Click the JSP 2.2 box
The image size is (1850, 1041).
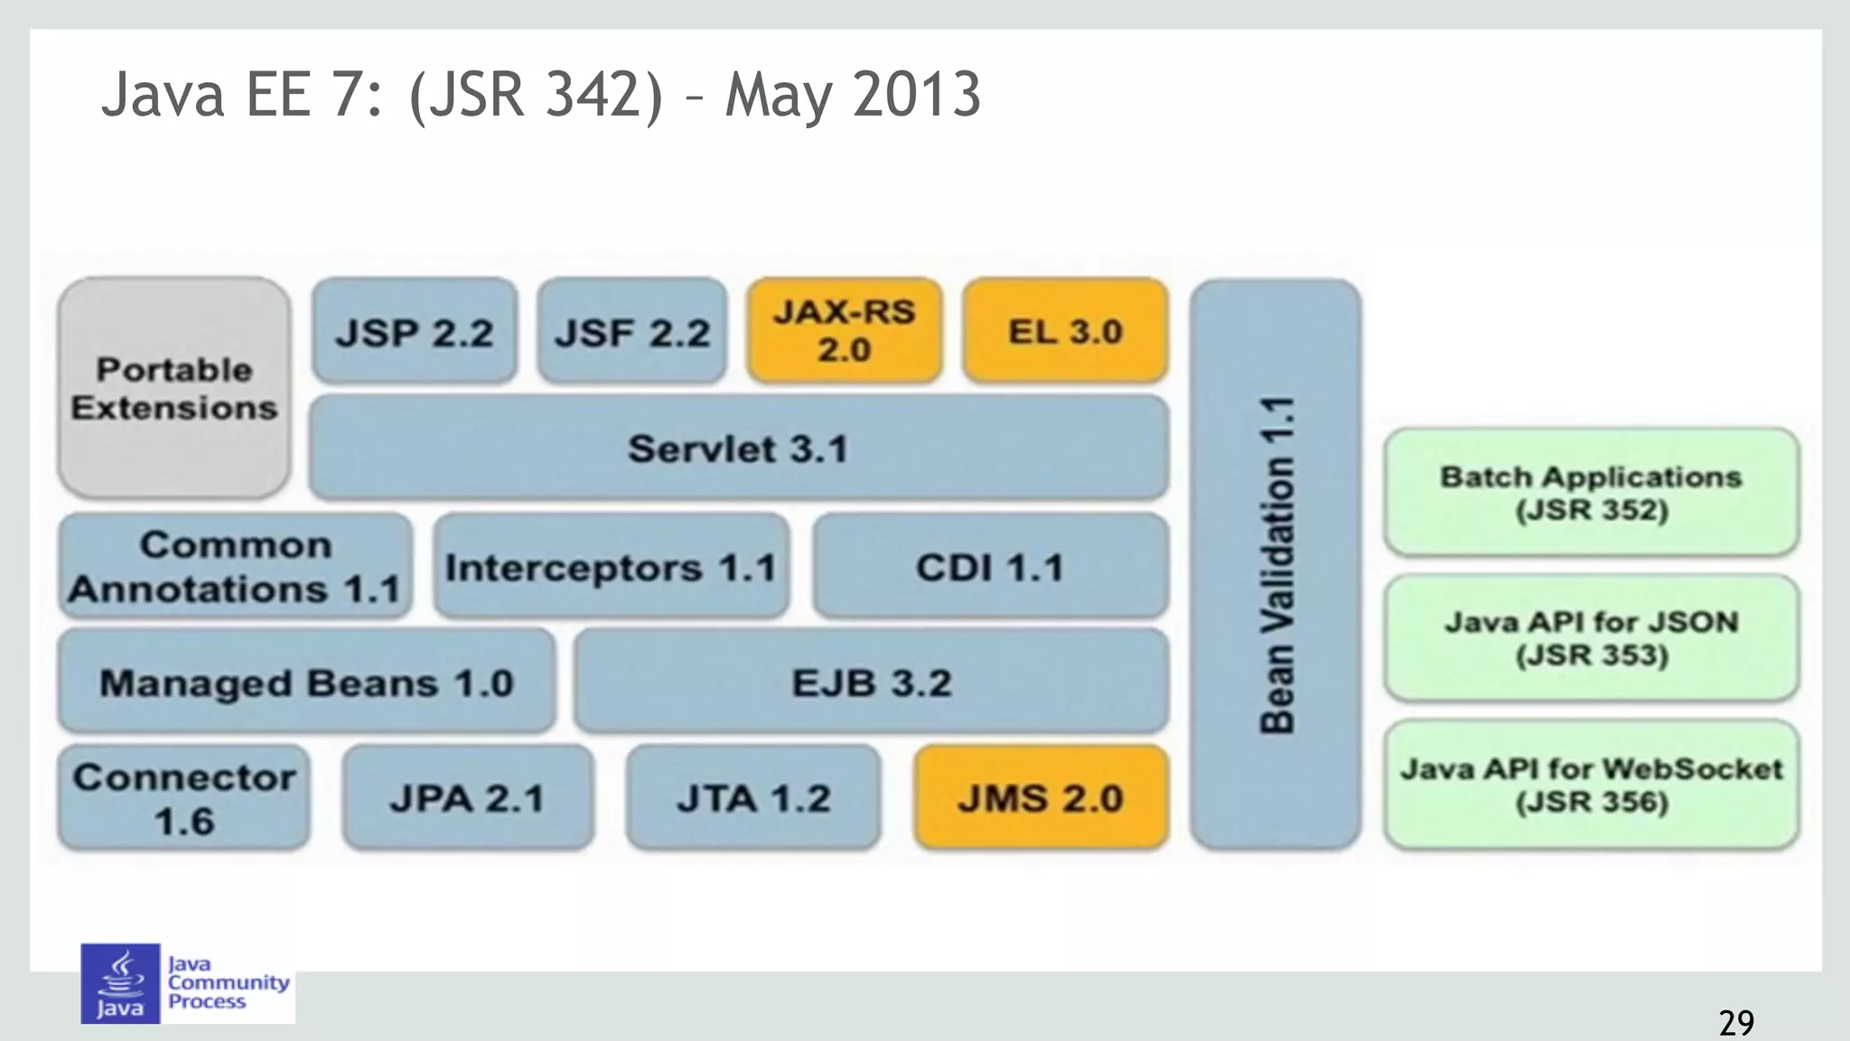tap(415, 331)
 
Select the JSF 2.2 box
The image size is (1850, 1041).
tap(632, 331)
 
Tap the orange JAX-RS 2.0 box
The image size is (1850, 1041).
tap(845, 330)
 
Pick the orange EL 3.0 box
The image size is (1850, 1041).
tap(1065, 330)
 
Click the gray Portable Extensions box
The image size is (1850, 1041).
tap(174, 388)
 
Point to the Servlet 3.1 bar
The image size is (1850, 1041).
tap(738, 448)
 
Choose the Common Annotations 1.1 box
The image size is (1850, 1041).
tap(235, 566)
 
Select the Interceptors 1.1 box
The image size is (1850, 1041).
tap(611, 566)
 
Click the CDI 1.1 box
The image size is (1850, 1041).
tap(990, 566)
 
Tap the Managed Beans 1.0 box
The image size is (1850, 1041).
tap(306, 682)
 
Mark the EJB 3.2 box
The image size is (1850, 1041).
tap(872, 682)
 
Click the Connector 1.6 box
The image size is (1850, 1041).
tap(184, 798)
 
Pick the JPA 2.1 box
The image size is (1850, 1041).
tap(468, 798)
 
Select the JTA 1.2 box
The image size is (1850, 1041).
tap(753, 798)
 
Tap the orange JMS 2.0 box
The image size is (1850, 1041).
tap(1041, 798)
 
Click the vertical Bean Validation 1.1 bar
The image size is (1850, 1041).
tap(1275, 564)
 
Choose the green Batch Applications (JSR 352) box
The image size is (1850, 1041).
tap(1591, 492)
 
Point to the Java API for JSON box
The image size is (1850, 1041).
tap(1591, 637)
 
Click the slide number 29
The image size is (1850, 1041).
tap(1736, 1022)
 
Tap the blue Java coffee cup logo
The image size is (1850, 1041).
tap(120, 983)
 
